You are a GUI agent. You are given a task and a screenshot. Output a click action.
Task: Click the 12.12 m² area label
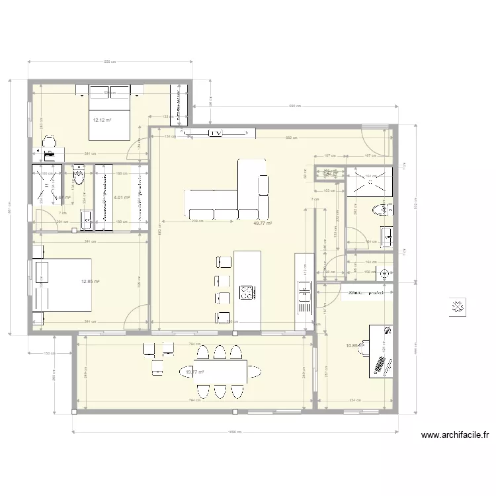[x=101, y=120]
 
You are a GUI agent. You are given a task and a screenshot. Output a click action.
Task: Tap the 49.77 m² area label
[x=263, y=224]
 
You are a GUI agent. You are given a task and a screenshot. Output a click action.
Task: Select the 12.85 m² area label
[x=90, y=282]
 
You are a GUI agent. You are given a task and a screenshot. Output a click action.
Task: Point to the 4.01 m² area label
[x=120, y=197]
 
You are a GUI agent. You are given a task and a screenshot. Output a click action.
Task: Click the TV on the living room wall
[x=215, y=134]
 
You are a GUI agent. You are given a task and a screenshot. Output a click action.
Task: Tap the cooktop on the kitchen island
[x=246, y=292]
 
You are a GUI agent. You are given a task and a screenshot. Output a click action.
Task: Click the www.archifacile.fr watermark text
[x=454, y=435]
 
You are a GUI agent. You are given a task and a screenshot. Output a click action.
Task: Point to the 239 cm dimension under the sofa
[x=196, y=222]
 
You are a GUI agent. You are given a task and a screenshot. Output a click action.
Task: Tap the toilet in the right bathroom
[x=380, y=210]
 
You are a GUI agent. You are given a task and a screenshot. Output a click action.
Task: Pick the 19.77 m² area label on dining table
[x=195, y=373]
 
